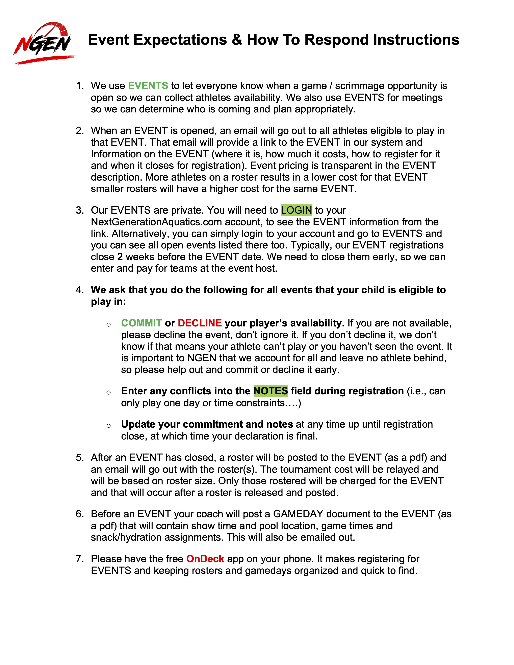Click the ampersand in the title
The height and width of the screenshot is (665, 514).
pyautogui.click(x=237, y=40)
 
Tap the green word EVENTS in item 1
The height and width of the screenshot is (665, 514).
pyautogui.click(x=148, y=86)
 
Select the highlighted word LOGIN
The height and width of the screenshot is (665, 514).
pyautogui.click(x=296, y=210)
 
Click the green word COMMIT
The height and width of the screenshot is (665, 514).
pyautogui.click(x=141, y=323)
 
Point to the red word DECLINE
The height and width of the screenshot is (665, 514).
pyautogui.click(x=200, y=323)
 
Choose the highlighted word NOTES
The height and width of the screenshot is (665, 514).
pyautogui.click(x=270, y=391)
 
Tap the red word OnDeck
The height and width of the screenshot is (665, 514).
pyautogui.click(x=205, y=559)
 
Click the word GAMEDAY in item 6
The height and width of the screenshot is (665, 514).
pyautogui.click(x=298, y=514)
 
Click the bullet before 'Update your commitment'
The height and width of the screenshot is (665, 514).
pyautogui.click(x=108, y=425)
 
